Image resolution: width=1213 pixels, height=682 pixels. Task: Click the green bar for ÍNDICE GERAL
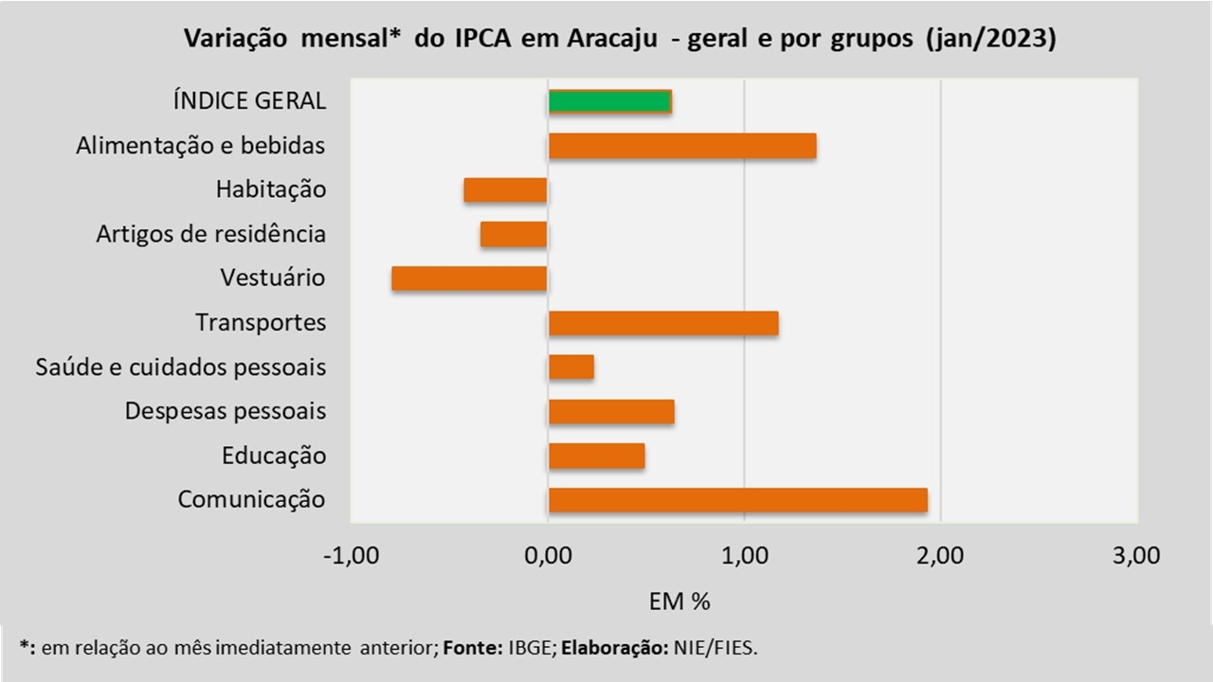pos(609,101)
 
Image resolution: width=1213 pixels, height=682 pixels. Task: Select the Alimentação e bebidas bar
pos(682,146)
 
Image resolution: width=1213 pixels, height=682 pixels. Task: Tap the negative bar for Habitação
pos(505,189)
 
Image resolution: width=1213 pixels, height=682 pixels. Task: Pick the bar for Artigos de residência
pos(514,234)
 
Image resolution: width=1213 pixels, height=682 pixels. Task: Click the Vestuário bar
pos(469,278)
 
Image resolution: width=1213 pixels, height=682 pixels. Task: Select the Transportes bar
pos(663,323)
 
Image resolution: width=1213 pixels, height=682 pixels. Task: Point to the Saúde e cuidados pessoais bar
pos(571,367)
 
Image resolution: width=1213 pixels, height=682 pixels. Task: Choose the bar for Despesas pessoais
pos(611,411)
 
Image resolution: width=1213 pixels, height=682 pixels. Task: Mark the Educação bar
pos(596,456)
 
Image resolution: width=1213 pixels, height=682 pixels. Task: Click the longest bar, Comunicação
pos(737,500)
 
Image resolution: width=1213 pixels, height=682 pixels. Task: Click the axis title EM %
pos(679,601)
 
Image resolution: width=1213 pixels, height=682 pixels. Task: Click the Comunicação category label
pos(251,499)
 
